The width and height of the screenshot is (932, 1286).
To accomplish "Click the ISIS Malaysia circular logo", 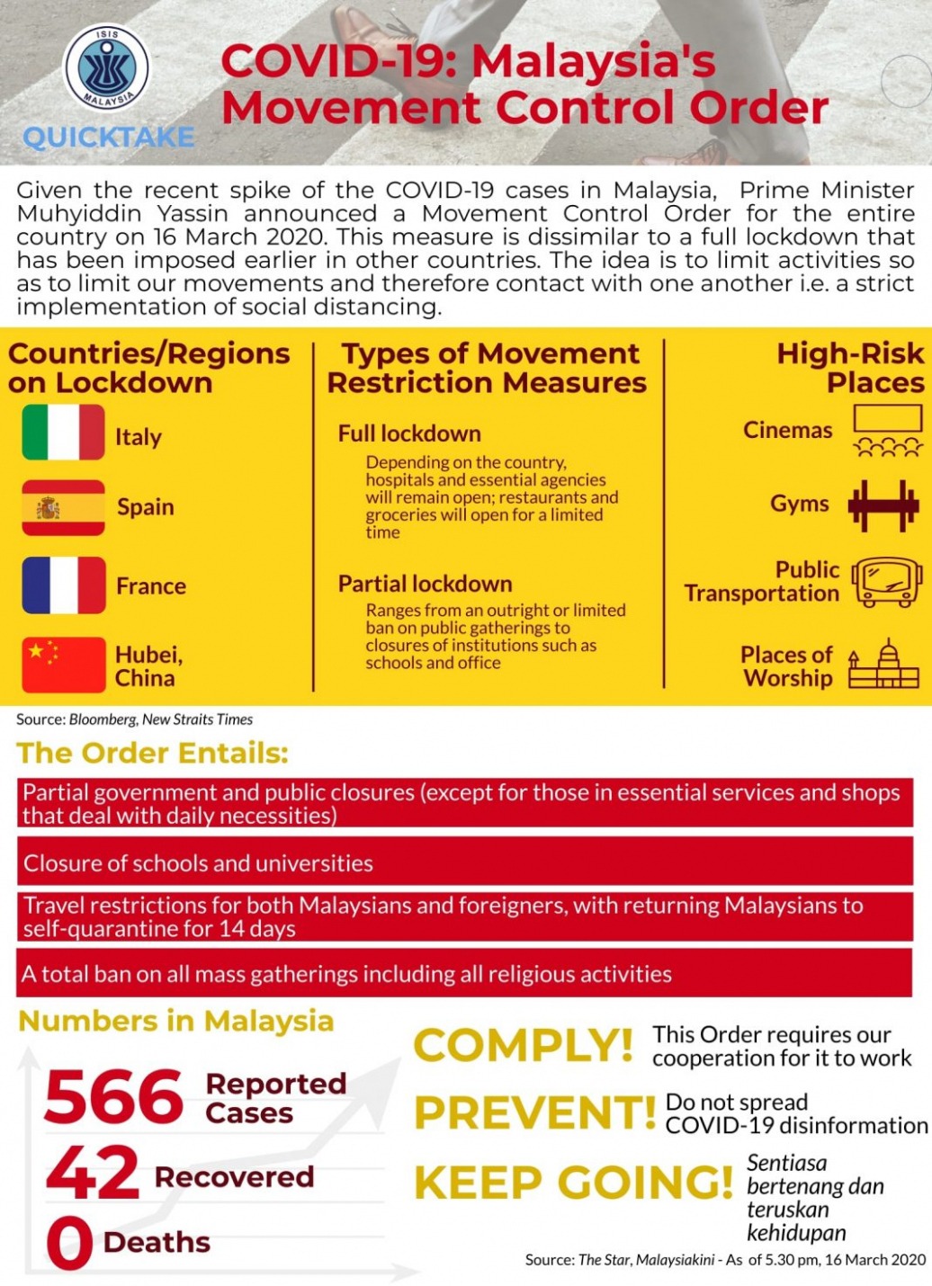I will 107,68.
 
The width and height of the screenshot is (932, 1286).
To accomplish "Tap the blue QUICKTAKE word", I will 109,138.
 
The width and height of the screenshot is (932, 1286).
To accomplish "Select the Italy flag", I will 63,433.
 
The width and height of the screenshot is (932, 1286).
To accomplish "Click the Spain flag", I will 63,507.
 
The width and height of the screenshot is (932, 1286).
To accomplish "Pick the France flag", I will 63,585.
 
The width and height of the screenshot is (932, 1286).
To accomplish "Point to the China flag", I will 63,665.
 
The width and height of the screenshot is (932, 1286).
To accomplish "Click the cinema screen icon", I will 887,431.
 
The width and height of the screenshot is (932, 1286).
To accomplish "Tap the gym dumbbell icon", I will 883,505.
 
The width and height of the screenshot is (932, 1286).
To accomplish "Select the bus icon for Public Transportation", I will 886,582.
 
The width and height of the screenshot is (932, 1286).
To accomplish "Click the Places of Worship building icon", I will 883,665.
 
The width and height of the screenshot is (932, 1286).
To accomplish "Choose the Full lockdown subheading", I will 409,433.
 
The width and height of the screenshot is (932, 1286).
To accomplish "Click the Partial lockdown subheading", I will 425,584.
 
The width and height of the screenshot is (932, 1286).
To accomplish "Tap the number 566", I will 113,1096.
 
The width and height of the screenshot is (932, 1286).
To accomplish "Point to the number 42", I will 93,1173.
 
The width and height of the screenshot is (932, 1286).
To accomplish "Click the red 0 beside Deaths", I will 69,1243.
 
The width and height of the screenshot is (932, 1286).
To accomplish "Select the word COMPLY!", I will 523,1045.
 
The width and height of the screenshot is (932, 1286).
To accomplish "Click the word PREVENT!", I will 534,1112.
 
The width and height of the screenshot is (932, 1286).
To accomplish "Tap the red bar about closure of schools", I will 464,862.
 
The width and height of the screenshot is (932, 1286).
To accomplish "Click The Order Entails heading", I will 152,753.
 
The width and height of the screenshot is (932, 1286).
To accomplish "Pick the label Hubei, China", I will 148,665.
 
